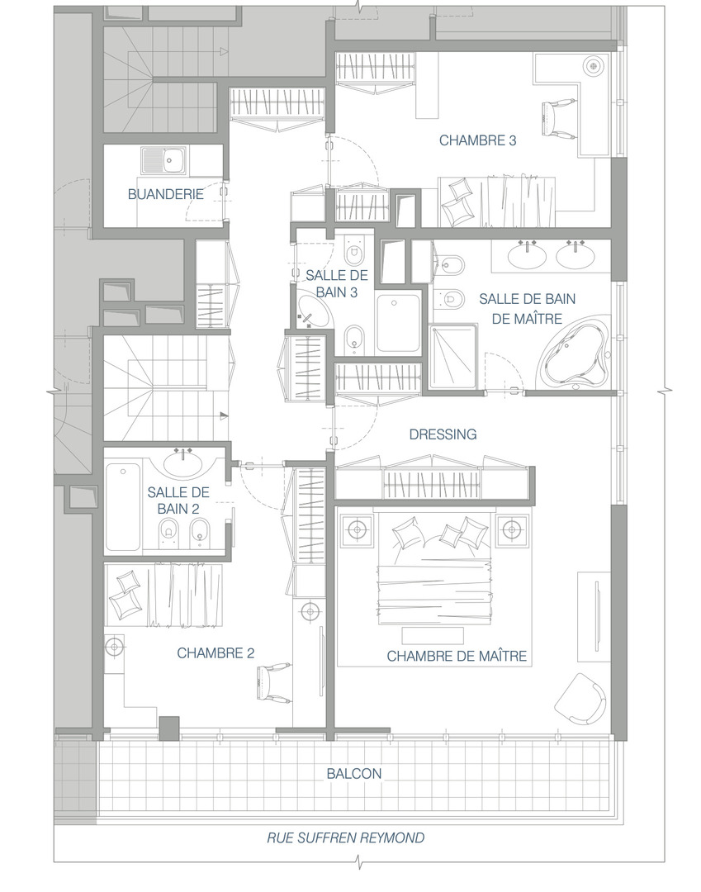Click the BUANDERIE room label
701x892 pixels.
pyautogui.click(x=165, y=194)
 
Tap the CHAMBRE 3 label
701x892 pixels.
pyautogui.click(x=477, y=140)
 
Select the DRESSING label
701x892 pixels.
pyautogui.click(x=443, y=434)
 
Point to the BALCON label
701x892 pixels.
pyautogui.click(x=353, y=774)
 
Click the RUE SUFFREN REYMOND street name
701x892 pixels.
pyautogui.click(x=346, y=838)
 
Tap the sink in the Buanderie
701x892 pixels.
pyautogui.click(x=163, y=159)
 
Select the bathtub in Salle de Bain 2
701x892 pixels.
pyautogui.click(x=123, y=507)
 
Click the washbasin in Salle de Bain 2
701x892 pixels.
pyautogui.click(x=183, y=462)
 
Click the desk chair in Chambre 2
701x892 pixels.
pyautogui.click(x=272, y=683)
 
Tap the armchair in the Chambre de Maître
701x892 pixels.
pyautogui.click(x=580, y=699)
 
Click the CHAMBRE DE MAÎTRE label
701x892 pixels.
pyautogui.click(x=457, y=657)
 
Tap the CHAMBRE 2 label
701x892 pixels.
pyautogui.click(x=216, y=653)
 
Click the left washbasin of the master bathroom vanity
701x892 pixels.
pyautogui.click(x=528, y=255)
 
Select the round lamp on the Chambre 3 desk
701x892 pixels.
pyautogui.click(x=594, y=64)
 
